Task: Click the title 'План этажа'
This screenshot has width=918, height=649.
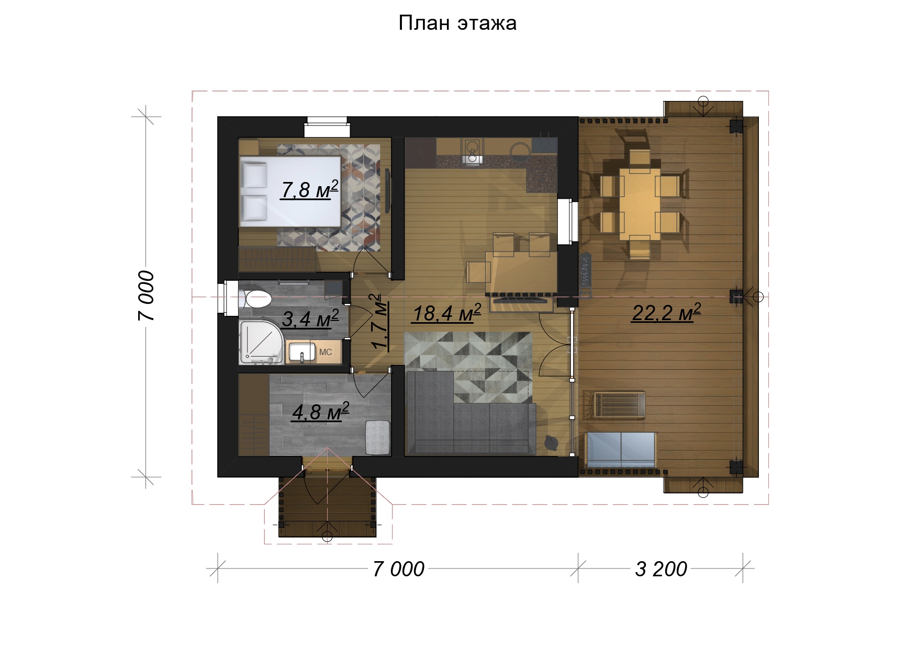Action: click(457, 23)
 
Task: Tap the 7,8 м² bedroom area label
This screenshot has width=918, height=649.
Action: click(309, 189)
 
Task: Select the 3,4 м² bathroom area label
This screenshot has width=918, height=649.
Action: click(310, 318)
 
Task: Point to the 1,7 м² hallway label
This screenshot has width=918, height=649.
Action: click(379, 322)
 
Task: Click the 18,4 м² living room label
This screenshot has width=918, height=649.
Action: click(446, 313)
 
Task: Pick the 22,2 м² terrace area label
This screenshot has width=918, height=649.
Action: click(666, 312)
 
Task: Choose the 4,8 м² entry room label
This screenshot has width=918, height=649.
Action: click(320, 412)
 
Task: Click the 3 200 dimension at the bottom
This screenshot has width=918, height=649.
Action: click(661, 569)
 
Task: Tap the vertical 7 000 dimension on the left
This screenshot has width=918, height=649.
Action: click(147, 295)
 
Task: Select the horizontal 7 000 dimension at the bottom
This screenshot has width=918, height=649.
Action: click(398, 569)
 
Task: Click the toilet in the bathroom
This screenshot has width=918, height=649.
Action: click(255, 300)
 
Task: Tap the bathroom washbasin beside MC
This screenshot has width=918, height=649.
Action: click(302, 351)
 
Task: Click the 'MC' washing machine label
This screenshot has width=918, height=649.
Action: click(326, 352)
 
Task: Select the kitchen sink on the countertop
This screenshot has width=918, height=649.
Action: click(473, 149)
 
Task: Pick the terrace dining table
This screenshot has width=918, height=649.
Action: click(640, 203)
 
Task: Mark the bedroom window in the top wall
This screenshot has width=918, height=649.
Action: click(327, 127)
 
